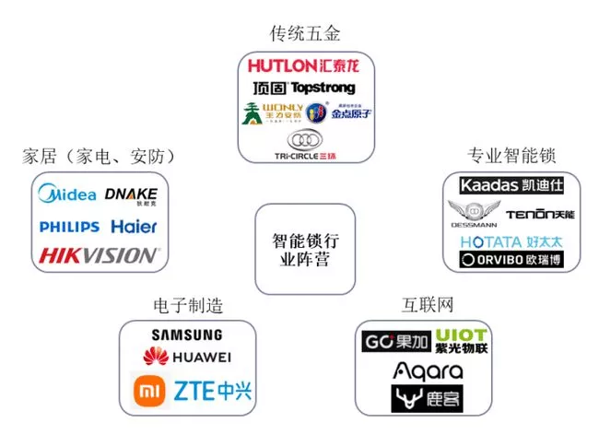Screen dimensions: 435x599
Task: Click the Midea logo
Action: click(x=67, y=195)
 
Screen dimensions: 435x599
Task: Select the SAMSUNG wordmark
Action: click(x=187, y=335)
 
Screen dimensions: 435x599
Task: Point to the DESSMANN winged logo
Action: click(x=474, y=214)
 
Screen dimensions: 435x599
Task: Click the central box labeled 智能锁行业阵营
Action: click(x=305, y=249)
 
